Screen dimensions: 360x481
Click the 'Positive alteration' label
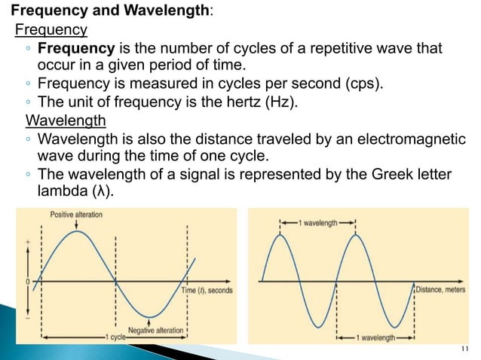76,215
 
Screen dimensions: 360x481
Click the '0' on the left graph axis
28,281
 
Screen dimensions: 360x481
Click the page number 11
463,348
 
